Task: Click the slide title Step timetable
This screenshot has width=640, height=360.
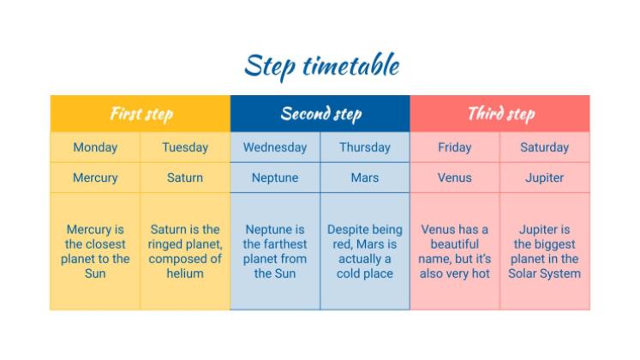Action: click(321, 66)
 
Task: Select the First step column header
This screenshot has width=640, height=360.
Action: click(141, 114)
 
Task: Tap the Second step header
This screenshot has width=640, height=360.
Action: click(320, 114)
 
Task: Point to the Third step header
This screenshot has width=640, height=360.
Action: click(500, 114)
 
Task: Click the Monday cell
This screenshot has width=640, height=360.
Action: click(95, 147)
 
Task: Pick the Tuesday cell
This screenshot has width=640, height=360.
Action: click(185, 147)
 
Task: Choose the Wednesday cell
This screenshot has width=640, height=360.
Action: click(275, 147)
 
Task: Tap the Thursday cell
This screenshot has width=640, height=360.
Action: click(365, 147)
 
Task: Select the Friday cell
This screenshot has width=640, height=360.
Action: click(455, 147)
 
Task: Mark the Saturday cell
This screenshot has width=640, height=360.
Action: click(545, 147)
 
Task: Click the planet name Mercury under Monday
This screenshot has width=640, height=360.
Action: click(95, 178)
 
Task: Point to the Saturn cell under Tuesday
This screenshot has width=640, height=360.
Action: click(185, 178)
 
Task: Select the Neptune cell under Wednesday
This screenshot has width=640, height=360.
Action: click(275, 178)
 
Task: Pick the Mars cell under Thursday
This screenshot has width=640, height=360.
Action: click(365, 178)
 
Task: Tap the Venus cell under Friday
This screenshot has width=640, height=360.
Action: click(455, 178)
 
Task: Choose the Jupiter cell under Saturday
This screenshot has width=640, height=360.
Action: click(545, 178)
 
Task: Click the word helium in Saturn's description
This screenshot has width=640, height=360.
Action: click(185, 273)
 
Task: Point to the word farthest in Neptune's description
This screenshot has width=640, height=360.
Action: click(286, 244)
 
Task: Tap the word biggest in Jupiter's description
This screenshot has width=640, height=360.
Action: click(553, 245)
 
